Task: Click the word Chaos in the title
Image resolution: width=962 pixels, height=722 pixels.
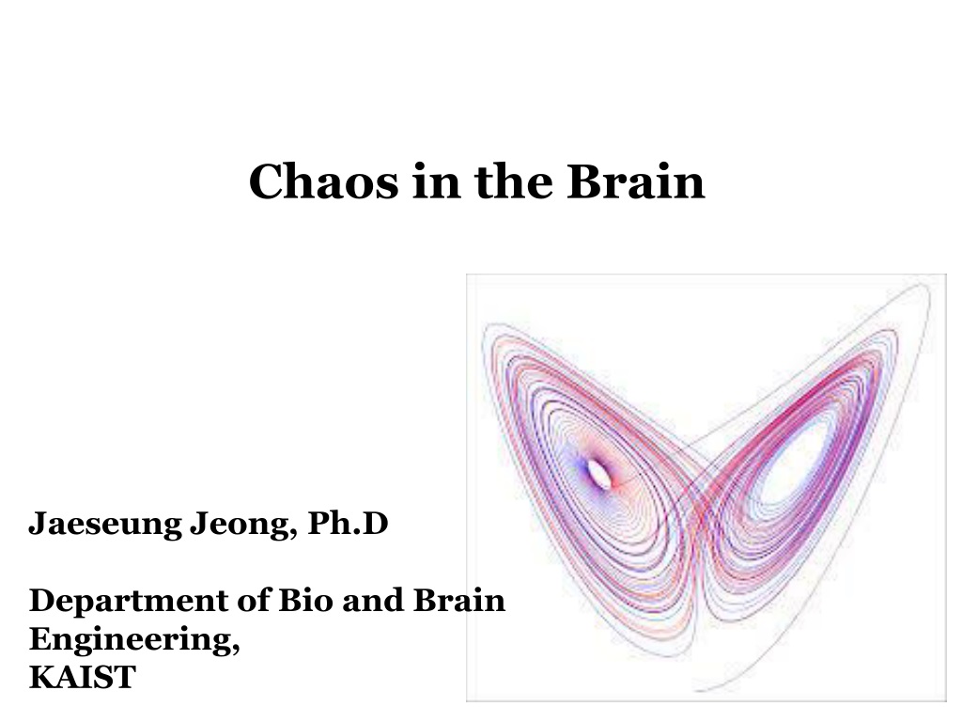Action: (x=323, y=181)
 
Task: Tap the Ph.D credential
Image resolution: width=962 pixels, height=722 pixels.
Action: (x=348, y=523)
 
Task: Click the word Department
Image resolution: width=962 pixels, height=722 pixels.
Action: (x=129, y=602)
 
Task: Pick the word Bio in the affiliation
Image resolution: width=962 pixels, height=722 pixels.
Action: (x=306, y=600)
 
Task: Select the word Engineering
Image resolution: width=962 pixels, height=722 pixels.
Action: (x=132, y=640)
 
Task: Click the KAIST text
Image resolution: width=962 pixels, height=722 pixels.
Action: (x=83, y=677)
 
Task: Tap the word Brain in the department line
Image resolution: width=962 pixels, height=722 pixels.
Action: (x=459, y=600)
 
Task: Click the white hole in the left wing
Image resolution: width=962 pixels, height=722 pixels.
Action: (x=598, y=474)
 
